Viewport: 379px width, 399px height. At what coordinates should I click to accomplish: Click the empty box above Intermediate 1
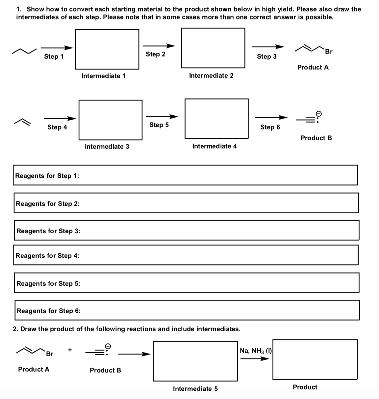coord(107,49)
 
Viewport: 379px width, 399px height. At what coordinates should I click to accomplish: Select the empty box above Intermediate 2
coord(213,48)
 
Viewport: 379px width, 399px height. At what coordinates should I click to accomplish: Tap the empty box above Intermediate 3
coord(111,120)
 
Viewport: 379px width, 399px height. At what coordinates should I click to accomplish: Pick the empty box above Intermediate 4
coord(216,119)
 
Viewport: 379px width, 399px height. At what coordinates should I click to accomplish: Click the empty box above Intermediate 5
coord(195,361)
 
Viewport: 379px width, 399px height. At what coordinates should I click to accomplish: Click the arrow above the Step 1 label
coord(57,48)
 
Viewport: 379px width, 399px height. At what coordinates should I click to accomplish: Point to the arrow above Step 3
coord(268,47)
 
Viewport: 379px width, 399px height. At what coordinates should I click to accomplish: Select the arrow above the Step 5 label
coord(162,116)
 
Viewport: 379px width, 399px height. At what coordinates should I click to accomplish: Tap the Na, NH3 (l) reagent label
coord(256,351)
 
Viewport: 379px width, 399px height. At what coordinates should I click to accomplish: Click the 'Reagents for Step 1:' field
coord(185,175)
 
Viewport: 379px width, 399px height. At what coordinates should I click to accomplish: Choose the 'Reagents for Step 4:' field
coord(186,255)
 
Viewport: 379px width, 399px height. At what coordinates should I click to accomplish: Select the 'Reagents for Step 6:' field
coord(187,310)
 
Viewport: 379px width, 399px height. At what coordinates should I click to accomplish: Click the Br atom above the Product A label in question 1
coord(329,52)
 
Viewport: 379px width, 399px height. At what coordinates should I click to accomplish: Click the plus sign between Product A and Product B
coord(70,350)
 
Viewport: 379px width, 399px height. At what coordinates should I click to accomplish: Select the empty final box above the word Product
coord(315,359)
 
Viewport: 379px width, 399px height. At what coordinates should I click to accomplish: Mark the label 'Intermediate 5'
coord(195,389)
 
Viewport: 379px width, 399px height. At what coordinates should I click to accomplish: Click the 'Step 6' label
coord(270,127)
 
